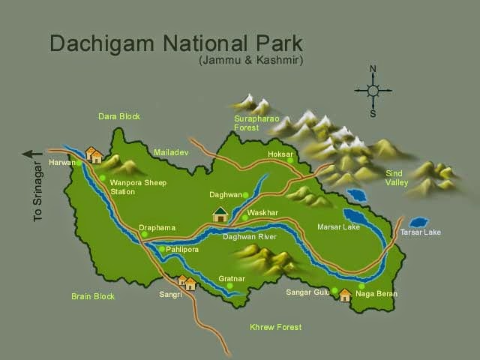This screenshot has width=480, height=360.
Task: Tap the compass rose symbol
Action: (373, 91)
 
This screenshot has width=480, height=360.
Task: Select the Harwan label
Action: (62, 163)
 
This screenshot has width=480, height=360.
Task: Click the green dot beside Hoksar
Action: (289, 160)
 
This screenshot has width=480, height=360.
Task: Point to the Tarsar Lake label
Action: (420, 232)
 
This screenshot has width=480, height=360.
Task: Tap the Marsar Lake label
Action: (338, 226)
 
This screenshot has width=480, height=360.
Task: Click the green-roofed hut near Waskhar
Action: (220, 214)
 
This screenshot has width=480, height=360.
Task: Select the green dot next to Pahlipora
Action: (161, 249)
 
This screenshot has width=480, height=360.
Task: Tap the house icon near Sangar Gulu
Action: (345, 295)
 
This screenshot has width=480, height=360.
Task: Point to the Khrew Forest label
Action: (275, 327)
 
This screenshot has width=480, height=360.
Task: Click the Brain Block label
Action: (93, 296)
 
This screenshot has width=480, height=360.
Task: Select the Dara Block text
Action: (119, 116)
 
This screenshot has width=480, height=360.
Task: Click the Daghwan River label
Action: (250, 237)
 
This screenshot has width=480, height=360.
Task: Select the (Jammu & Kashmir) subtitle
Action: (250, 61)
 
